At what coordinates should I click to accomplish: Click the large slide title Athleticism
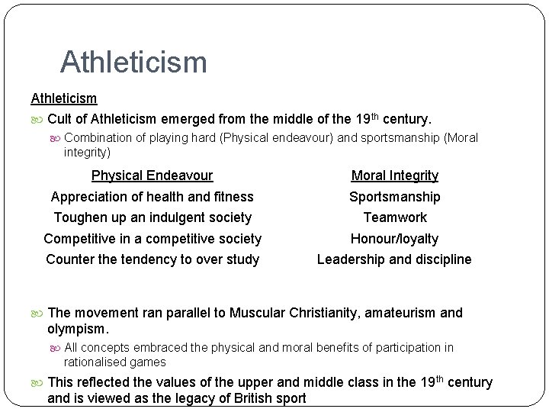click(133, 62)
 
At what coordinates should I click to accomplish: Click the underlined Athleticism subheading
click(63, 98)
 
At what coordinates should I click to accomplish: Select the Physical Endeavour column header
click(152, 175)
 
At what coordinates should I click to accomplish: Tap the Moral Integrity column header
click(394, 175)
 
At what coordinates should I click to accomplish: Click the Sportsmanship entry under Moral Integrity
click(394, 197)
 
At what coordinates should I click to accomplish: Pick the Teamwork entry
click(394, 217)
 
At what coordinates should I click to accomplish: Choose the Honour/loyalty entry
click(394, 239)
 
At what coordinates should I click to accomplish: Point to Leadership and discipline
click(394, 259)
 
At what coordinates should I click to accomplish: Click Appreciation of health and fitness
click(152, 197)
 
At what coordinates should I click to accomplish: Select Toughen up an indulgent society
click(152, 217)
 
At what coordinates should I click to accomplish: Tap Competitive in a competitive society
click(152, 239)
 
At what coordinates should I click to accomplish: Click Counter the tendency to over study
click(152, 259)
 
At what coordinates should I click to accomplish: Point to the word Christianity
click(323, 313)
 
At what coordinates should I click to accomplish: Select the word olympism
click(77, 330)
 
